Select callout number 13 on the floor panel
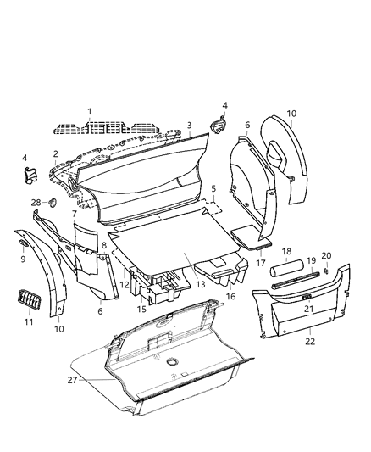coord(201,286)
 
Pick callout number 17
coord(260,252)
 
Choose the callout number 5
coord(213,188)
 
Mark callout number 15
coord(141,310)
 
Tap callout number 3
coord(189,125)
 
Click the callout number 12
coord(124,285)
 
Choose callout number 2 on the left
coord(55,154)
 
